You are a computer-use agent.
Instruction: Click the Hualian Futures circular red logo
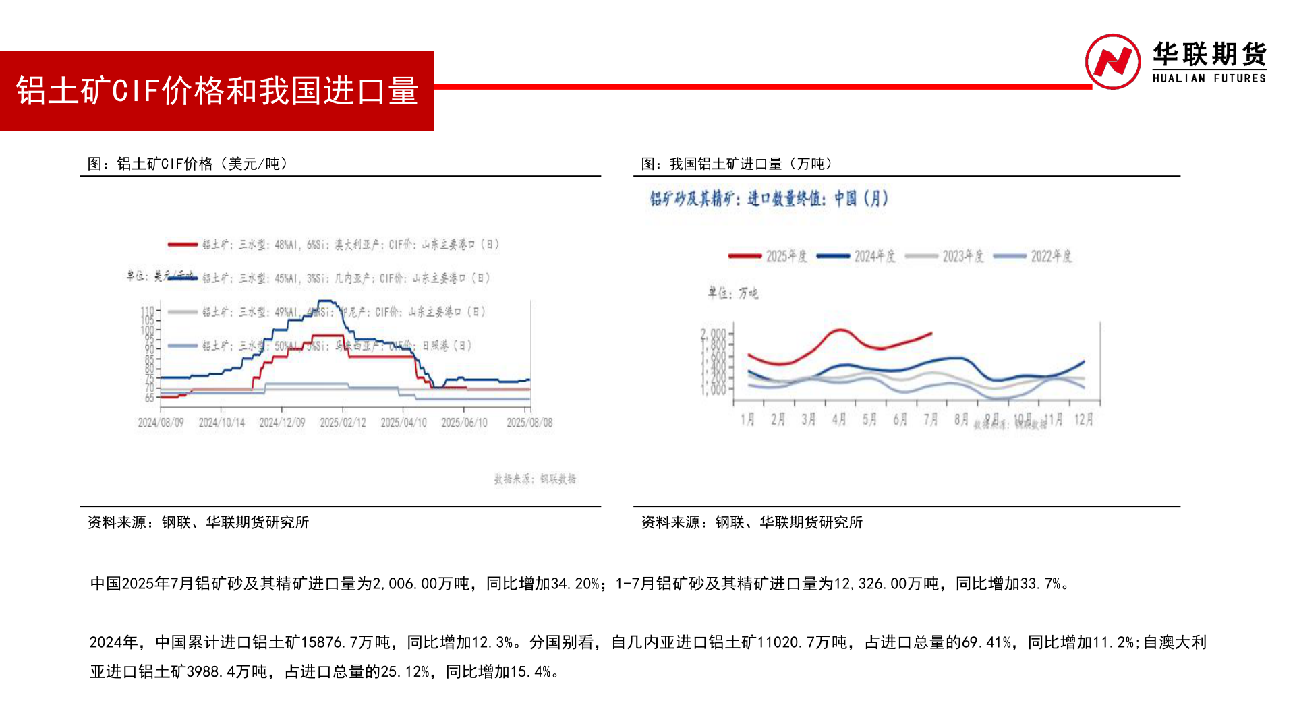tap(1112, 62)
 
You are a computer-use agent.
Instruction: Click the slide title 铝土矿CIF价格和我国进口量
tap(217, 91)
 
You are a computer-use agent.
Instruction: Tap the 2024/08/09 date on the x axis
tap(161, 423)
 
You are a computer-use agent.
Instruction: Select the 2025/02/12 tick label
tap(343, 423)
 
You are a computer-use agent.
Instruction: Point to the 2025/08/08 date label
tap(529, 423)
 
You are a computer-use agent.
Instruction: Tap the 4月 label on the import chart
tap(839, 419)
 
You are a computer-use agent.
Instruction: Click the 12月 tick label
tap(1083, 419)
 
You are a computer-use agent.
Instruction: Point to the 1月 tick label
tap(747, 419)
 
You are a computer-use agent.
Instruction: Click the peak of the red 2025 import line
tap(839, 330)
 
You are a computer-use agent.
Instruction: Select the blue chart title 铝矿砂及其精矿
tap(768, 199)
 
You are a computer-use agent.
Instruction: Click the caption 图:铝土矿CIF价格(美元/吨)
tap(188, 164)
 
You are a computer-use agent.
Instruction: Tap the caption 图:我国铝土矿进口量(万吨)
tap(737, 164)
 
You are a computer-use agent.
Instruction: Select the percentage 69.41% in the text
tap(986, 642)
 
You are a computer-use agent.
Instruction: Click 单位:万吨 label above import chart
tap(732, 293)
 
